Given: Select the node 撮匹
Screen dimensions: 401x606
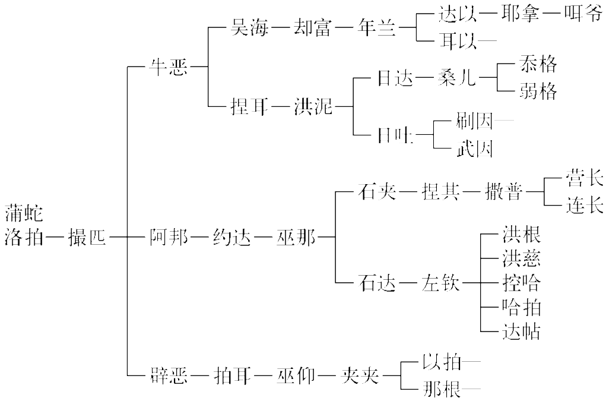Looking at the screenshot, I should [87, 239].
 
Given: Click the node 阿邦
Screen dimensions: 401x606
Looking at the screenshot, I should [168, 239].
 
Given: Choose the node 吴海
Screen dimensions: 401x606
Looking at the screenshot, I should [249, 29].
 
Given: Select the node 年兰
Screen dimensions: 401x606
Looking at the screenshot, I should [376, 29].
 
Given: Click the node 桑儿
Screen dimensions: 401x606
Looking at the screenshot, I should [457, 78].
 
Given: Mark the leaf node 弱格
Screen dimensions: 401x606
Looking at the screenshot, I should [538, 91].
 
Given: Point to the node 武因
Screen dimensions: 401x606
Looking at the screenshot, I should [475, 149].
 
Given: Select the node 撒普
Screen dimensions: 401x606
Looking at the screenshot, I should [504, 192].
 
